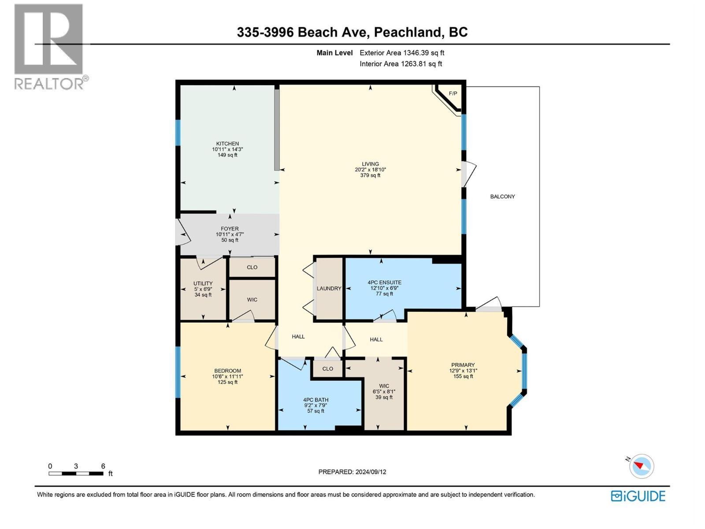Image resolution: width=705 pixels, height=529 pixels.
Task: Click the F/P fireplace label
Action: pyautogui.click(x=453, y=93)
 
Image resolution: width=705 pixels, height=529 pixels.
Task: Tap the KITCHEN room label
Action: pyautogui.click(x=227, y=144)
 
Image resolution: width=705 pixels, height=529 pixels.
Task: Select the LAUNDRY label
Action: pyautogui.click(x=329, y=288)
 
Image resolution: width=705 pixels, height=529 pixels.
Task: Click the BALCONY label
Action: pyautogui.click(x=502, y=197)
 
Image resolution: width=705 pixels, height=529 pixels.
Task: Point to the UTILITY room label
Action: pyautogui.click(x=203, y=283)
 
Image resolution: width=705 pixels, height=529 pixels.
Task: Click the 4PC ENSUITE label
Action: pyautogui.click(x=384, y=283)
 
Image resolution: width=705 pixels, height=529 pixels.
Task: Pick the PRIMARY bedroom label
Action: pyautogui.click(x=463, y=365)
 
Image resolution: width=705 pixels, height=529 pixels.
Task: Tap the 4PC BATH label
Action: pyautogui.click(x=315, y=400)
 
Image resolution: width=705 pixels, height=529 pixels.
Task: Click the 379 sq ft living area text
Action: pyautogui.click(x=370, y=175)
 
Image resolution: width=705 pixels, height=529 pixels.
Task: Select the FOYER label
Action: pyautogui.click(x=227, y=229)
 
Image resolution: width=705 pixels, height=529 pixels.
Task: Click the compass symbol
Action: pyautogui.click(x=642, y=466)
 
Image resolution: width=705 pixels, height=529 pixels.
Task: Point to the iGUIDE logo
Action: pyautogui.click(x=638, y=496)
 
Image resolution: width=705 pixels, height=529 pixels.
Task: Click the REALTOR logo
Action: pyautogui.click(x=49, y=46)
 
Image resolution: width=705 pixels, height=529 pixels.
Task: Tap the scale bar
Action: pyautogui.click(x=76, y=473)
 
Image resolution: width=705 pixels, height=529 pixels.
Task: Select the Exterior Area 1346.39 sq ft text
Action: pyautogui.click(x=402, y=53)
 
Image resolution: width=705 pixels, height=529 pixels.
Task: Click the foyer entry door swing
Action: pyautogui.click(x=182, y=233)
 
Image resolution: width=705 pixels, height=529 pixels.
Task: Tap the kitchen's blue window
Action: pyautogui.click(x=178, y=133)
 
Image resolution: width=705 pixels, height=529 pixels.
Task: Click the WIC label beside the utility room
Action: pyautogui.click(x=252, y=300)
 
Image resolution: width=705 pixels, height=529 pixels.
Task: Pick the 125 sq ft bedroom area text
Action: pyautogui.click(x=227, y=382)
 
